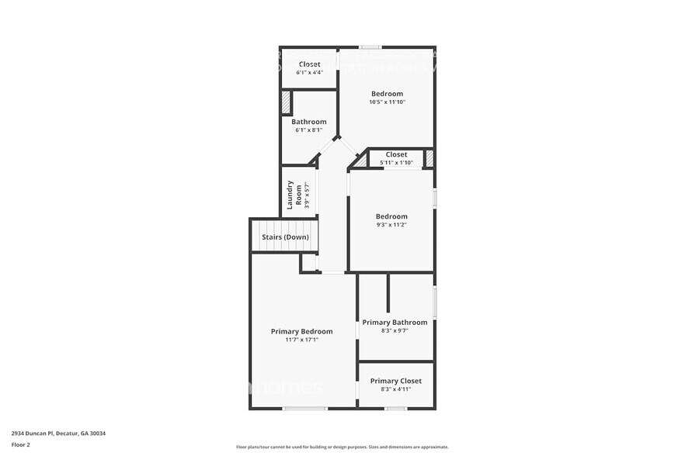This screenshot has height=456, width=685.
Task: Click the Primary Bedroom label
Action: tap(301, 331)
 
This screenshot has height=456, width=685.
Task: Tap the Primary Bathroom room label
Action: tap(395, 322)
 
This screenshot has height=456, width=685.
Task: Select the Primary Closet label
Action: tap(395, 381)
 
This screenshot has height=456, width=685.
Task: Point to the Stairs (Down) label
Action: tap(285, 237)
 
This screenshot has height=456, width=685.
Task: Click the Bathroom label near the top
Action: tap(308, 122)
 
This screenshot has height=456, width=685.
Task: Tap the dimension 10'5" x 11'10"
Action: tap(387, 102)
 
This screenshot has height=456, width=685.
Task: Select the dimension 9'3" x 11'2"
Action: tap(391, 225)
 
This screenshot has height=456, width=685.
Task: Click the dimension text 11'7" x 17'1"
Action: tap(301, 340)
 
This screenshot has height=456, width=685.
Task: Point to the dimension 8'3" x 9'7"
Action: tap(395, 330)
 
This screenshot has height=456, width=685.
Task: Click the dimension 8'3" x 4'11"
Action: tap(395, 389)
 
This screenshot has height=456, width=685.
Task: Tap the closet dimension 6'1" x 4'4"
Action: tap(308, 72)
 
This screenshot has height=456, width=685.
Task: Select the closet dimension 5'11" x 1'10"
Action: tap(396, 163)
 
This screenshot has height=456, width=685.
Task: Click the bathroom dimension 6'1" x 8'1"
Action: tap(308, 130)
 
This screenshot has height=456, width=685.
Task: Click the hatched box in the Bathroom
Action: tap(286, 102)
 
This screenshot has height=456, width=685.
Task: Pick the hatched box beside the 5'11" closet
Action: tap(428, 158)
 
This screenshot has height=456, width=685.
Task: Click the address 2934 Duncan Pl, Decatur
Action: tap(58, 434)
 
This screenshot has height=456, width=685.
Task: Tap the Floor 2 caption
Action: tap(21, 444)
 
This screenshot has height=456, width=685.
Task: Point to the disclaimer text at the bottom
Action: tap(342, 447)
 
